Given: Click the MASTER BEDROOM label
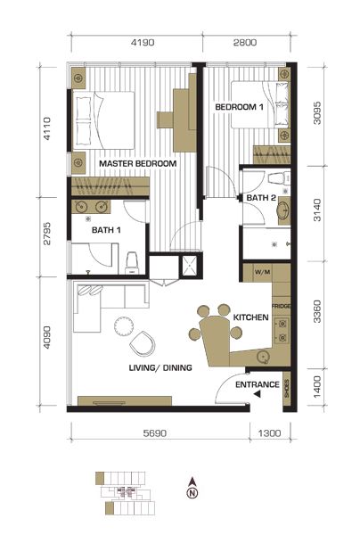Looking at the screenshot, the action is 138,163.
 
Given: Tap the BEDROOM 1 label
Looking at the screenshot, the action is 239,107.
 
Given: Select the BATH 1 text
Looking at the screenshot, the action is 106,230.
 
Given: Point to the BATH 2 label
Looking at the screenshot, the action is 261,198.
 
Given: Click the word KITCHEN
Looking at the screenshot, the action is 251,317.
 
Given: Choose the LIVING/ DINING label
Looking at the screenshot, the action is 160,367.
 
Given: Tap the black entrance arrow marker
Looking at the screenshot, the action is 258,394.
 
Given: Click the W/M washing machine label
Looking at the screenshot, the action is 263,272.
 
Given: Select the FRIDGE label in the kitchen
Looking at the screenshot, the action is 282,306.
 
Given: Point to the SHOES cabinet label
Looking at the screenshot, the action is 287,389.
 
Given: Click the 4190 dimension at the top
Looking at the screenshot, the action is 143,43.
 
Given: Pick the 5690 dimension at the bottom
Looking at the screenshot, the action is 155,433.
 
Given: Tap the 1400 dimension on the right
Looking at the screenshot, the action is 317,387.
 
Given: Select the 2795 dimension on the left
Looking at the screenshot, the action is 47,234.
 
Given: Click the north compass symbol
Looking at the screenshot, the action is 192,488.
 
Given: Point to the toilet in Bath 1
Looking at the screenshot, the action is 132,263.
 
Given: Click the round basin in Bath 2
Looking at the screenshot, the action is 283,210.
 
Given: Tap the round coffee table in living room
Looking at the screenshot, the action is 123,326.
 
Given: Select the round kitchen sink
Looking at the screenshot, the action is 263,358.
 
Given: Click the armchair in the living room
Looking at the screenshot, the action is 143,344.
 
